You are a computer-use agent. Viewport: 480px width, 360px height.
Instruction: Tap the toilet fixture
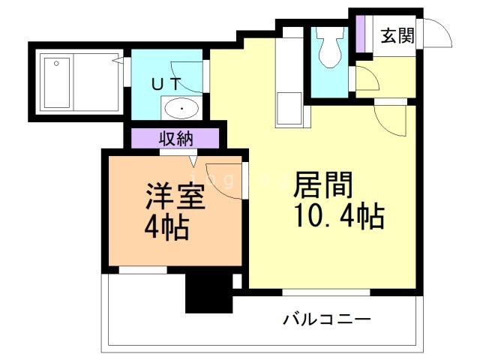coord(328,48)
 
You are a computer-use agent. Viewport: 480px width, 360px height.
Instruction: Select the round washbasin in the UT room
coord(181,109)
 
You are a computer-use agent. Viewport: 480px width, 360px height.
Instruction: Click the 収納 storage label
coord(175,139)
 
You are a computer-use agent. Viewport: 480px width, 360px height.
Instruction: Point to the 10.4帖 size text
coord(337,217)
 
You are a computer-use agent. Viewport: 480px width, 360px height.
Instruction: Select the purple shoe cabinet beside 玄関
coord(360,33)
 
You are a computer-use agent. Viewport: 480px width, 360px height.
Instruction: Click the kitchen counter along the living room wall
coord(288,82)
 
